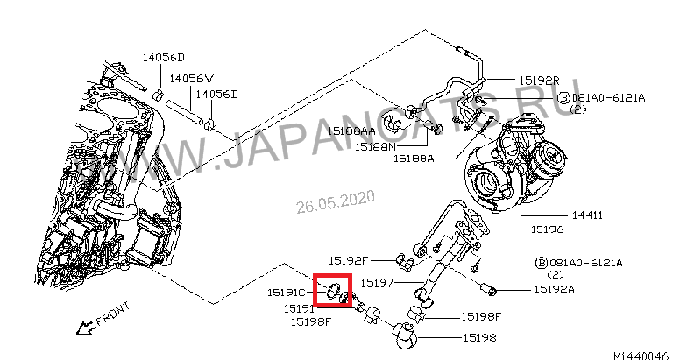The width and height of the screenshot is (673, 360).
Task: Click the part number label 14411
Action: pos(587,215)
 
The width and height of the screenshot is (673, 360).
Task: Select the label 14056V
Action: pos(191,79)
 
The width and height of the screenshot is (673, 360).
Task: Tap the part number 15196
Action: pos(547,229)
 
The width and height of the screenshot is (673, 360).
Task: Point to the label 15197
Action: pos(377,283)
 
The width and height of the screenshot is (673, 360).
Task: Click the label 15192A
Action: pos(554,290)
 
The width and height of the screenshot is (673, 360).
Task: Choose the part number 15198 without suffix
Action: pos(479,338)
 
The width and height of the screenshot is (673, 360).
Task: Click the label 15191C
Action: pos(287,293)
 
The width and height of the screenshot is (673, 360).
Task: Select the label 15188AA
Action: pos(351,131)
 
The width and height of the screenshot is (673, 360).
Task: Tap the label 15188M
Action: pos(375,147)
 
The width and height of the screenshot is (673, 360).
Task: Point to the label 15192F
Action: pos(349,260)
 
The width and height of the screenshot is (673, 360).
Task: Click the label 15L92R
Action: pos(540,81)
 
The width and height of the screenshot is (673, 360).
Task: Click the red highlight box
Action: pos(333,291)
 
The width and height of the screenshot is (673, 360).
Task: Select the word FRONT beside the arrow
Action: pos(112,314)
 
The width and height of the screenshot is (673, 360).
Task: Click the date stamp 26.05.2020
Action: pos(336,201)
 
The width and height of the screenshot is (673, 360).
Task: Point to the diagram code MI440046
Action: pos(641,356)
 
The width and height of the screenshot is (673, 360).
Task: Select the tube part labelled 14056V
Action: pos(184,112)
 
